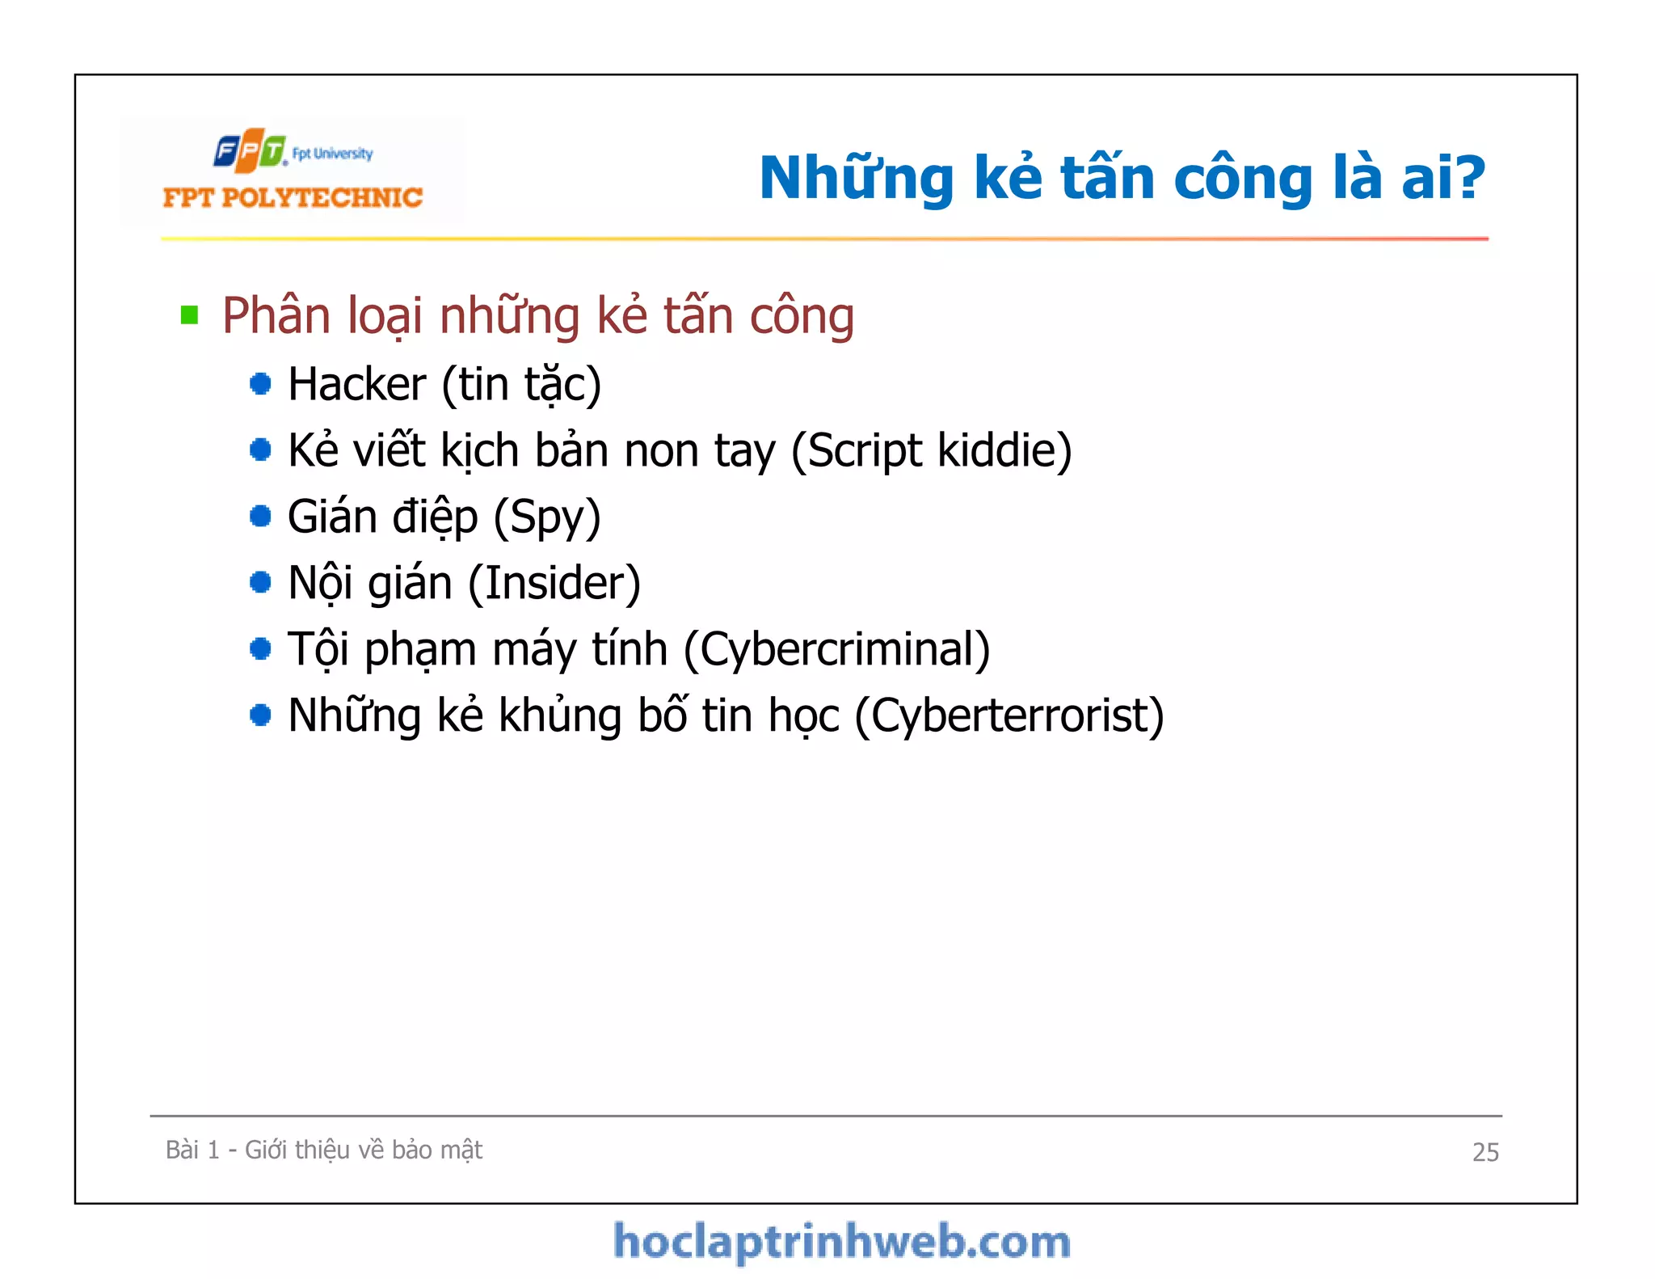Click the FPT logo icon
tap(250, 150)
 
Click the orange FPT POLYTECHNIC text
tap(293, 198)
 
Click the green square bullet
tap(190, 314)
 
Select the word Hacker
tap(356, 384)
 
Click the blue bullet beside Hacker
tap(260, 384)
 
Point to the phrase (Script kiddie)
tap(931, 450)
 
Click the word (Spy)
tap(547, 517)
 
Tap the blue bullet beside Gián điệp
tap(260, 516)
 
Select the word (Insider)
tap(554, 583)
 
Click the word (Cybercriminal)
tap(836, 649)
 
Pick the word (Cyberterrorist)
tap(1009, 715)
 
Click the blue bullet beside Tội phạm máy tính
tap(260, 648)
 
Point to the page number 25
tap(1484, 1151)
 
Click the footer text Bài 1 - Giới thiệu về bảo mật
tap(323, 1150)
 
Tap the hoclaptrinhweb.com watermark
tap(841, 1242)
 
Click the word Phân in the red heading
tap(276, 315)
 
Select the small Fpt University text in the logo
tap(332, 154)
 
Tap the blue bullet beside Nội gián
tap(260, 582)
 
